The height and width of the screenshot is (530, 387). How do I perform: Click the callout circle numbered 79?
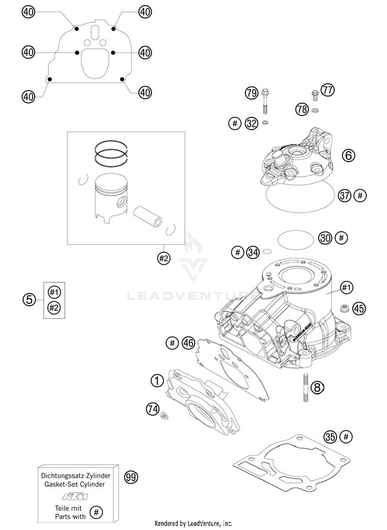pyautogui.click(x=251, y=93)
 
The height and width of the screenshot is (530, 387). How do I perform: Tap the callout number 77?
pyautogui.click(x=328, y=90)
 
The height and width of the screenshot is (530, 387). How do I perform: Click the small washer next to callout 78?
pyautogui.click(x=315, y=110)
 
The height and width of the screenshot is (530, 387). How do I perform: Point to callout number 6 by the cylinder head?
pyautogui.click(x=348, y=156)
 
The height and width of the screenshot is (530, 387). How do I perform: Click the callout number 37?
pyautogui.click(x=345, y=195)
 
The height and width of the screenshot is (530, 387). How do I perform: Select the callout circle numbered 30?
pyautogui.click(x=325, y=238)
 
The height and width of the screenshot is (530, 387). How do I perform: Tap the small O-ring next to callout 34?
pyautogui.click(x=267, y=251)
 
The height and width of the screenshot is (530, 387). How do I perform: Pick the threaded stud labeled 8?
pyautogui.click(x=306, y=388)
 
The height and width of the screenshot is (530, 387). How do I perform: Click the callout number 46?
pyautogui.click(x=188, y=343)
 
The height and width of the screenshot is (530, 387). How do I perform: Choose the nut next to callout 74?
pyautogui.click(x=164, y=415)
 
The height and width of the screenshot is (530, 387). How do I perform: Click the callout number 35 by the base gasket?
pyautogui.click(x=330, y=437)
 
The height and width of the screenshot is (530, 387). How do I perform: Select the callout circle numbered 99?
pyautogui.click(x=131, y=477)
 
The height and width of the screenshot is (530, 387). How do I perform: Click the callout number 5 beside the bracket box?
pyautogui.click(x=29, y=300)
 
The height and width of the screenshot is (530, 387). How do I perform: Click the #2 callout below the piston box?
pyautogui.click(x=164, y=258)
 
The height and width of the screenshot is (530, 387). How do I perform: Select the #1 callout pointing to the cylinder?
pyautogui.click(x=346, y=287)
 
